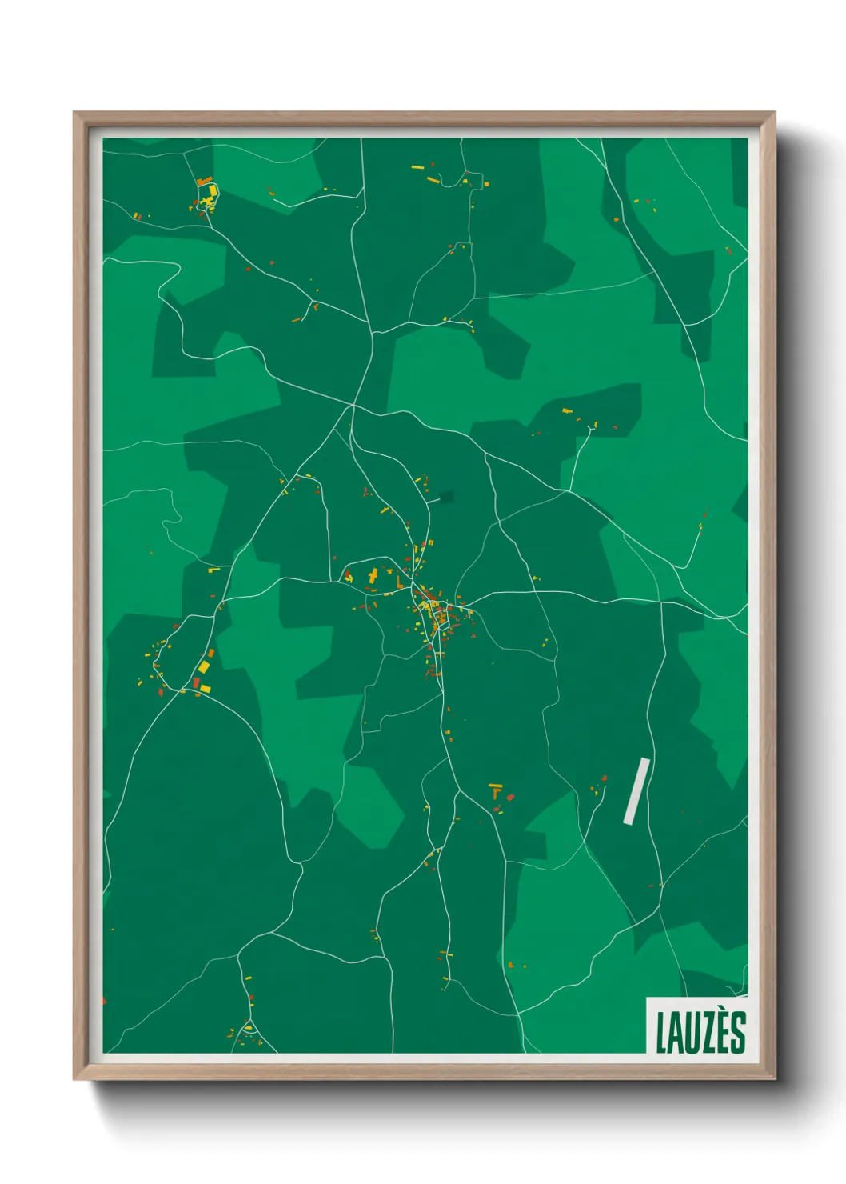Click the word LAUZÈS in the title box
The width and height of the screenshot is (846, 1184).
pyautogui.click(x=700, y=1032)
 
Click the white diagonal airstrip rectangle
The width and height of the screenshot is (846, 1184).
pyautogui.click(x=636, y=790)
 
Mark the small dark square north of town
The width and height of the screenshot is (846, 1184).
pyautogui.click(x=445, y=497)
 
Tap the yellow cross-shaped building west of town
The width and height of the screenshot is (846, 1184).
pyautogui.click(x=373, y=575)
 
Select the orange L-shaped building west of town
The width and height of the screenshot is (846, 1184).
pyautogui.click(x=398, y=580)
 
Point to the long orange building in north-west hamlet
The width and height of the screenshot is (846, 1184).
pyautogui.click(x=205, y=182)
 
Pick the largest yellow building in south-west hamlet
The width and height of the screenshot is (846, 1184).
pyautogui.click(x=204, y=666)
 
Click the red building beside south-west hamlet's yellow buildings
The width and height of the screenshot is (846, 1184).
pyautogui.click(x=196, y=682)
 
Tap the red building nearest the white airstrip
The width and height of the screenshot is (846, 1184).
pyautogui.click(x=604, y=778)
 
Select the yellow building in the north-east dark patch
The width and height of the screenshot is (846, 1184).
pyautogui.click(x=567, y=411)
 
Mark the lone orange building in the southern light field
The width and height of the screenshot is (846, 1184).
pyautogui.click(x=510, y=965)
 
